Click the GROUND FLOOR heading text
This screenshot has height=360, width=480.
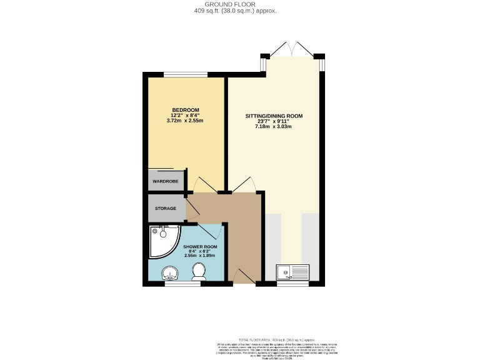(240, 4)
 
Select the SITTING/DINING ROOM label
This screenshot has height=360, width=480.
(273, 116)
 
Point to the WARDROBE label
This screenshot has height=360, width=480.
(166, 181)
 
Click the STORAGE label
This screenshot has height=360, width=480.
(166, 208)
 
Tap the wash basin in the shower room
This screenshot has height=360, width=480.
(169, 273)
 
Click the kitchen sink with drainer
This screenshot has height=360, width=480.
(293, 272)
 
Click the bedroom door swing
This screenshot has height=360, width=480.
(205, 185)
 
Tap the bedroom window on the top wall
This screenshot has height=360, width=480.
(186, 75)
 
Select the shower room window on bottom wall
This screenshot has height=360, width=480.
(182, 284)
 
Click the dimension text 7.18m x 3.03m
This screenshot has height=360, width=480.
(273, 127)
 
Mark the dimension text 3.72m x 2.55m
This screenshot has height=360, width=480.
(185, 121)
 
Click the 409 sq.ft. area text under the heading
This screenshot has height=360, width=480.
(240, 11)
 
